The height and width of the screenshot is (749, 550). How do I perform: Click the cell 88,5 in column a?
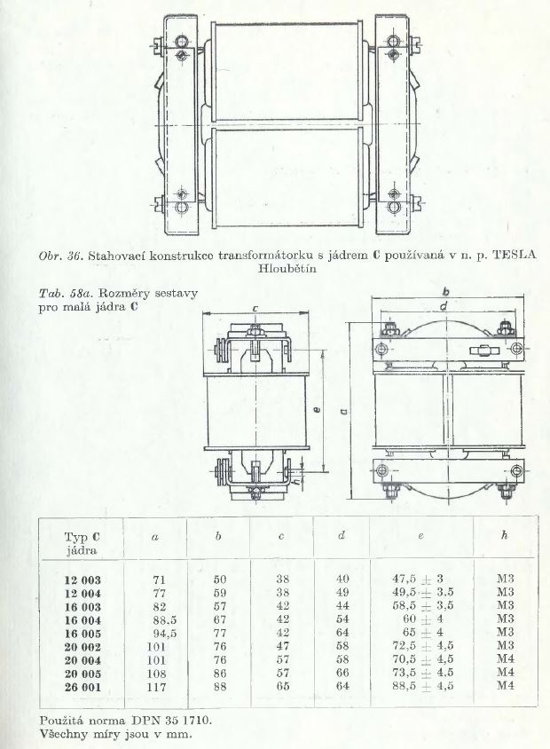pos(160,619)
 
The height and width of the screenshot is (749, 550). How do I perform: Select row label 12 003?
pos(82,579)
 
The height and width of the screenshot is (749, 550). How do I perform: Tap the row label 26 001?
pos(82,688)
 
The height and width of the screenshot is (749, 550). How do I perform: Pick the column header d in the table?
pos(342,535)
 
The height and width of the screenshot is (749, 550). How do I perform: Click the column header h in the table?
pos(504,535)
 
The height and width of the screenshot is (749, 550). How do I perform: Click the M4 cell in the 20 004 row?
pos(505,659)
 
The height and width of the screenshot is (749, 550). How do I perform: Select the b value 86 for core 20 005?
pos(220,673)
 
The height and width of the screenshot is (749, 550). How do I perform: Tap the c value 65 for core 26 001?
pos(283,686)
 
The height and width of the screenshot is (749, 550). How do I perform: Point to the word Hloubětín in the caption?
pos(287,268)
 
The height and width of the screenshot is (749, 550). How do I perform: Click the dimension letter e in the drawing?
pos(318,409)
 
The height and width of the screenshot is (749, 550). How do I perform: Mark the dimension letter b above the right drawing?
pos(445,291)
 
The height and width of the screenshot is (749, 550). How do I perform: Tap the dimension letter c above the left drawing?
pos(255,309)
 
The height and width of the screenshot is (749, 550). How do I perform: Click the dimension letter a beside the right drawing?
pos(344,411)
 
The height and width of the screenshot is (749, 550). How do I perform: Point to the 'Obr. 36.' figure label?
pos(61,256)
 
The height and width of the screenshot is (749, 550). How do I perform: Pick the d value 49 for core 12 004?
pos(342,593)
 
